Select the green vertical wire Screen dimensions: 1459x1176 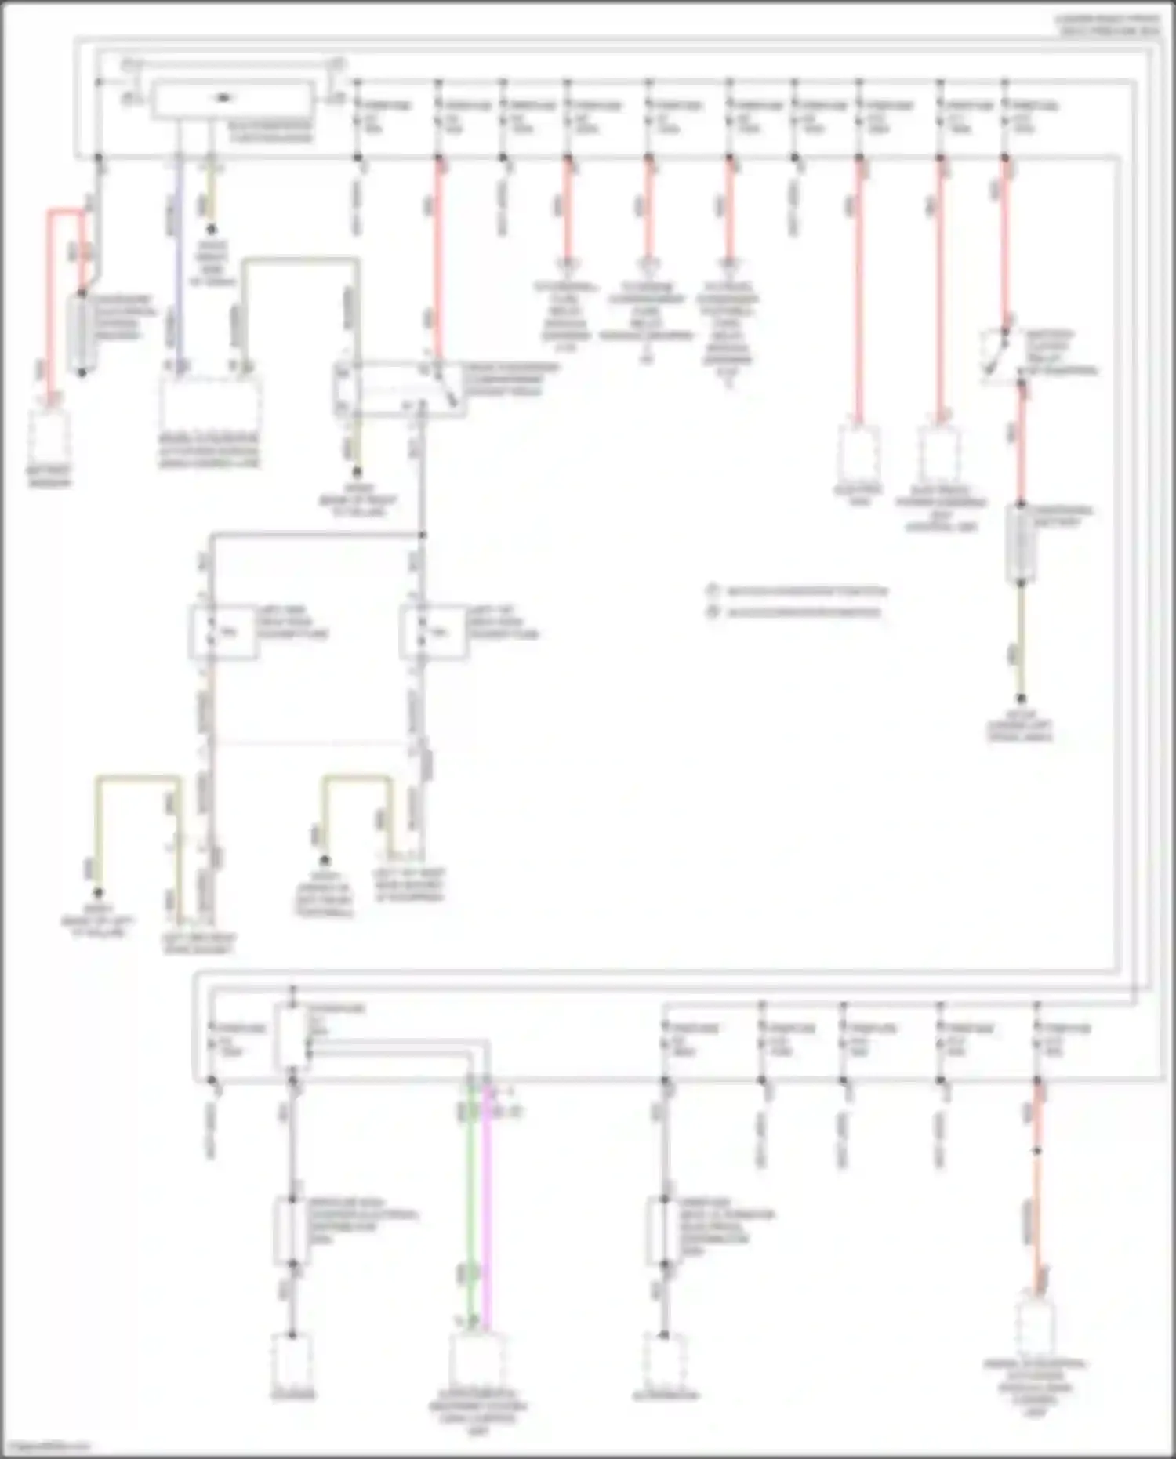pos(470,1207)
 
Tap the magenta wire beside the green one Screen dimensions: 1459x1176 pos(487,1207)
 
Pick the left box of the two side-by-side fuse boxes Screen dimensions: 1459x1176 pos(223,632)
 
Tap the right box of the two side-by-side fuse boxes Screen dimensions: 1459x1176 pos(433,632)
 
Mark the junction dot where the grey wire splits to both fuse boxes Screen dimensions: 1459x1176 pos(422,535)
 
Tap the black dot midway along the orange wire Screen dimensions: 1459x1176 pos(1037,1151)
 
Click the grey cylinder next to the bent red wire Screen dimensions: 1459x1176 pos(82,332)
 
